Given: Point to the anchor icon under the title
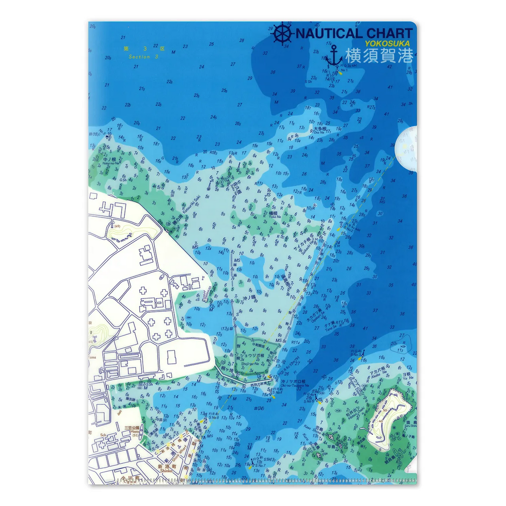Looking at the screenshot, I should tap(334, 57).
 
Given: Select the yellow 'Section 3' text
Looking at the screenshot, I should tap(143, 57).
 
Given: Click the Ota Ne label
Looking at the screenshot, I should tap(319, 134).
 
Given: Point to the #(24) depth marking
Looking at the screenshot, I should tap(260, 408).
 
